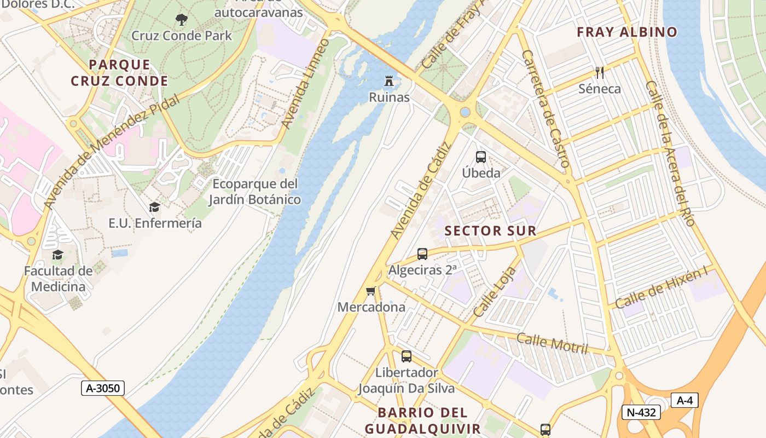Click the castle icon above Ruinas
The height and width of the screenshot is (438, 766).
389,81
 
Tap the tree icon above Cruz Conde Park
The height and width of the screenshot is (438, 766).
182,20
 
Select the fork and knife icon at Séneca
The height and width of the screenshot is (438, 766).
600,72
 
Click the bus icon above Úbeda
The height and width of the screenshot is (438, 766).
481,157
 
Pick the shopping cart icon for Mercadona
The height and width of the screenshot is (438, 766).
371,291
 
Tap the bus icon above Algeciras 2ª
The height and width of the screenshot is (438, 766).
422,254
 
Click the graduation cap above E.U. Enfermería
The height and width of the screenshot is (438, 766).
155,207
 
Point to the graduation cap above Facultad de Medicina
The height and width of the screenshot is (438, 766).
58,255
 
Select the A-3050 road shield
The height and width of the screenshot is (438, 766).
103,388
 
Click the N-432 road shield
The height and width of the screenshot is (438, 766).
641,412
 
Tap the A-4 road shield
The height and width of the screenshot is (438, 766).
684,400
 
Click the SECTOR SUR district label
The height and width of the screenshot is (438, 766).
490,231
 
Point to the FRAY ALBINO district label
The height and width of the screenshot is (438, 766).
627,32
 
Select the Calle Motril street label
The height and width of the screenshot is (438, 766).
552,343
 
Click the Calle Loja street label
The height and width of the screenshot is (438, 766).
494,292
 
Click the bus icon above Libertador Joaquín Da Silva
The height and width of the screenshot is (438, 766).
407,356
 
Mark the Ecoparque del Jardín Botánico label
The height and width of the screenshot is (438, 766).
255,191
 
